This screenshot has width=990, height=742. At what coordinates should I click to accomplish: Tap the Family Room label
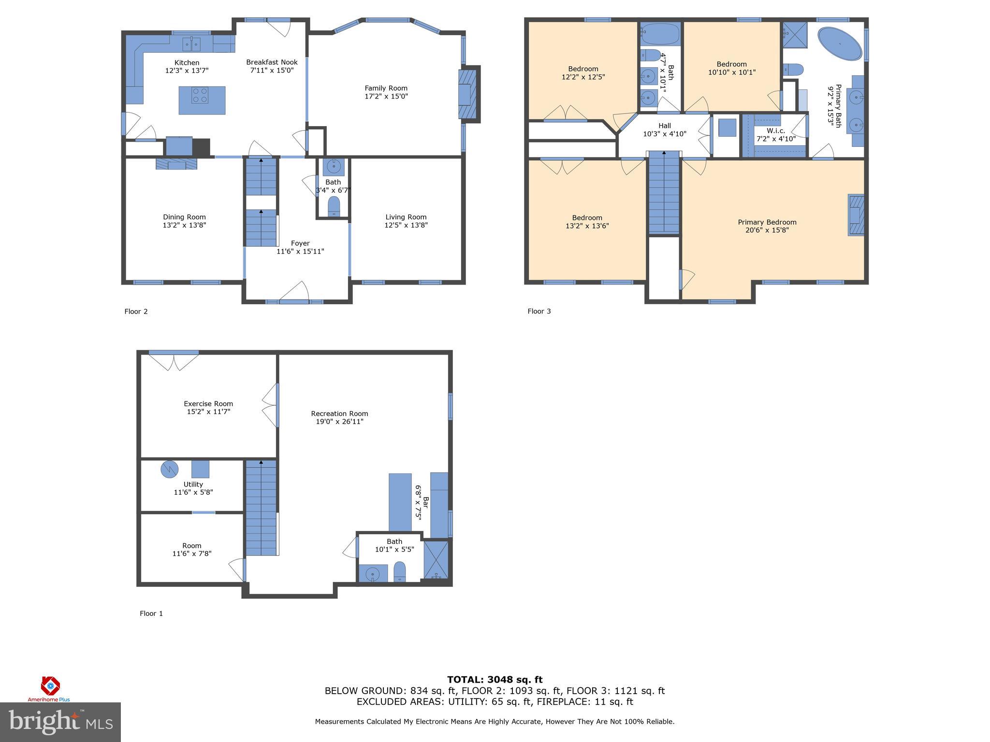point(386,88)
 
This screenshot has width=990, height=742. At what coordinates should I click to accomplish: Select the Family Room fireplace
point(467,94)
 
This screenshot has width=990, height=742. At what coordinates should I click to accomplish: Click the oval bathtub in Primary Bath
point(840,43)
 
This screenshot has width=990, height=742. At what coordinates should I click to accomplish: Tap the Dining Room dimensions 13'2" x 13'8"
point(184,225)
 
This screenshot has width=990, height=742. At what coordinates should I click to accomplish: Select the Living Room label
point(406,217)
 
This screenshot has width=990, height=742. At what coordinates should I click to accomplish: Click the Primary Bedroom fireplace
point(856,215)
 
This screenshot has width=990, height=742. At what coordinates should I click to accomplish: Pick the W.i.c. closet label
point(776,131)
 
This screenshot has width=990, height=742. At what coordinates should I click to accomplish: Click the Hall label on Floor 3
point(664,126)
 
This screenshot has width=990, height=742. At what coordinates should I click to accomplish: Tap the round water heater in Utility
point(170,469)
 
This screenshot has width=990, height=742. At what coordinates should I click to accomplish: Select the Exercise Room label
point(208,404)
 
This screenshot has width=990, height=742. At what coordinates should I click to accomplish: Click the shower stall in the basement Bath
point(436,560)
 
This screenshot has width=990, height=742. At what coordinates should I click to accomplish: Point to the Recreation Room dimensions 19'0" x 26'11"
point(339,422)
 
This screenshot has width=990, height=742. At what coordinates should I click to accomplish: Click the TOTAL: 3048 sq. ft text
point(495,680)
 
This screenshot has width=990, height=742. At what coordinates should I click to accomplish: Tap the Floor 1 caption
point(151,614)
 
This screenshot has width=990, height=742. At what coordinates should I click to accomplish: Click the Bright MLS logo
point(60,721)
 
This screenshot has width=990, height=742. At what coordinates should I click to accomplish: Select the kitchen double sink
point(192,44)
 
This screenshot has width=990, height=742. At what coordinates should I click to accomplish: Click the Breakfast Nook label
point(272,62)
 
